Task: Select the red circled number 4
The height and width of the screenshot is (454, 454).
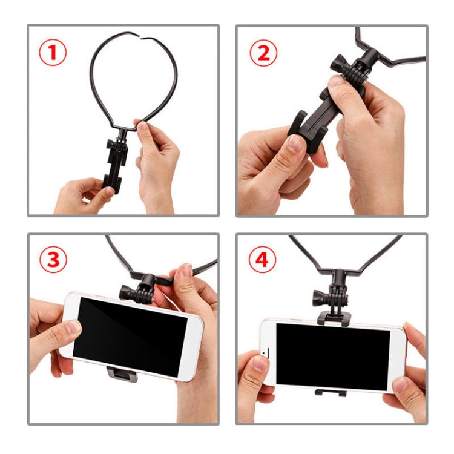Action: point(262,261)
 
